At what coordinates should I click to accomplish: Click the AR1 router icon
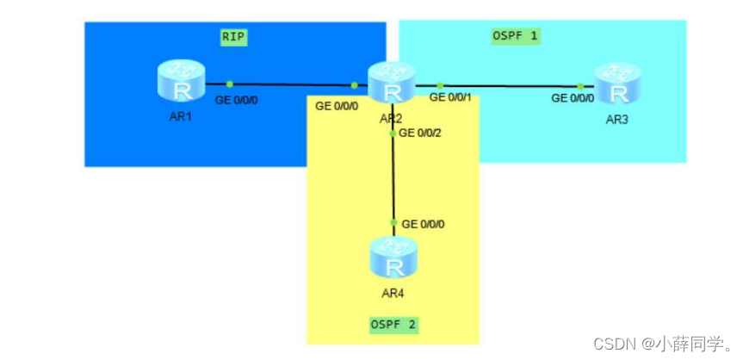(179, 83)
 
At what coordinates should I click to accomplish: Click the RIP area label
(233, 37)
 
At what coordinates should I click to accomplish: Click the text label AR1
(180, 115)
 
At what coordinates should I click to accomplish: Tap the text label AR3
(616, 120)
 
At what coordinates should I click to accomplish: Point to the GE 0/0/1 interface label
(451, 98)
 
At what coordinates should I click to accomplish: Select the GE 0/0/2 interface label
(422, 133)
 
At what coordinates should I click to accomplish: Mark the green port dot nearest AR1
(230, 84)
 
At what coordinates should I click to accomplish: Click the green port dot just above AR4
(393, 223)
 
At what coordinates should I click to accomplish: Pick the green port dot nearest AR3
(580, 86)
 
